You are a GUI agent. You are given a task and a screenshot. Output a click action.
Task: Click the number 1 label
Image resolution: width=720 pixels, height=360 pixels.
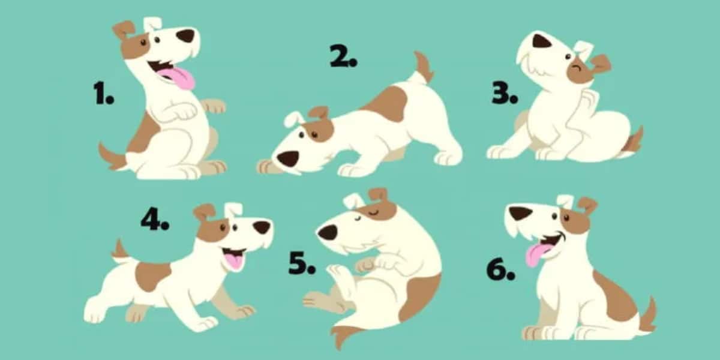(x=103, y=93)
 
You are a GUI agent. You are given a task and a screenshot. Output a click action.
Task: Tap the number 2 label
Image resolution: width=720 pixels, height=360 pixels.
(x=343, y=56)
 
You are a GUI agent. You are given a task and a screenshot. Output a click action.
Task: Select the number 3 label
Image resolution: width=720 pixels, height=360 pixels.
(x=505, y=94)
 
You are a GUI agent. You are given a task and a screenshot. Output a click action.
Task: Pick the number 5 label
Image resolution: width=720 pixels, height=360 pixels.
(x=302, y=263)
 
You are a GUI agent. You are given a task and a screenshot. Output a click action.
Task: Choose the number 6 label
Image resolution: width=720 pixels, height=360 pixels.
(x=500, y=269)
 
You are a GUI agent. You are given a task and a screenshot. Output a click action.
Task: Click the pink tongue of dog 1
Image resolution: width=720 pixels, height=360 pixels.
(x=179, y=78)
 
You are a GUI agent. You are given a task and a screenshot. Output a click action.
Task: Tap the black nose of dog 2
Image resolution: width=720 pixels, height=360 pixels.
(x=287, y=158)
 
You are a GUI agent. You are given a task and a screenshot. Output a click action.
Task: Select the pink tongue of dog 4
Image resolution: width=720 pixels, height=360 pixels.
(x=235, y=260)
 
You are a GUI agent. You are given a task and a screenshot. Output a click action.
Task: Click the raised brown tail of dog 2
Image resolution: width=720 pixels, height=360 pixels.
(x=424, y=67)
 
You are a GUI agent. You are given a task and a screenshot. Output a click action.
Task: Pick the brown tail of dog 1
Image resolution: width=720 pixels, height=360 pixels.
(x=112, y=157)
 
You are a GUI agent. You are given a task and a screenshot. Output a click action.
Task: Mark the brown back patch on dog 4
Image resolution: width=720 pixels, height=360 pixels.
(x=152, y=277)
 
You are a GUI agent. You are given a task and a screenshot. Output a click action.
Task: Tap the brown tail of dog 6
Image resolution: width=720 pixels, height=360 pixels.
(x=647, y=314)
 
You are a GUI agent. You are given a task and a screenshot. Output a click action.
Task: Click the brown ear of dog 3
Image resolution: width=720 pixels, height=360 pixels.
(x=600, y=64)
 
